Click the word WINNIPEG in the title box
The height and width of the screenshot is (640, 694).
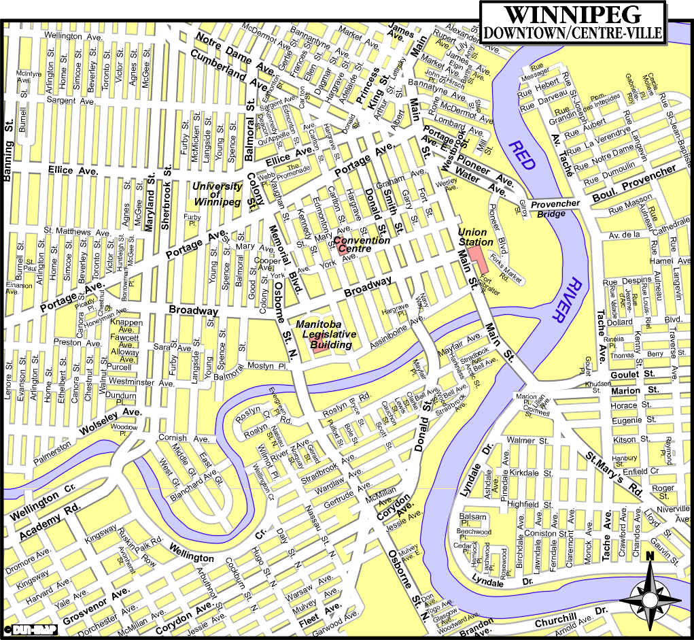572,14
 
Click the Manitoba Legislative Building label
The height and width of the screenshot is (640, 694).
326,335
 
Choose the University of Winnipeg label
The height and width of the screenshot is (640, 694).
218,194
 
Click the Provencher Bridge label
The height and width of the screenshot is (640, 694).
555,208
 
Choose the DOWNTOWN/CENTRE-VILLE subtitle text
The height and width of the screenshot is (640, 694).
572,32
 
